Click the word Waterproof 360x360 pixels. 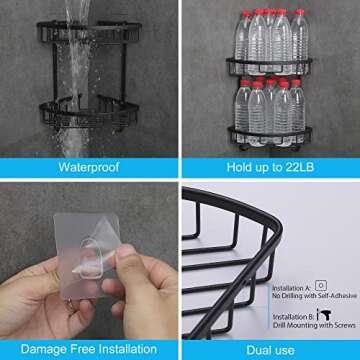(88, 167)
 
